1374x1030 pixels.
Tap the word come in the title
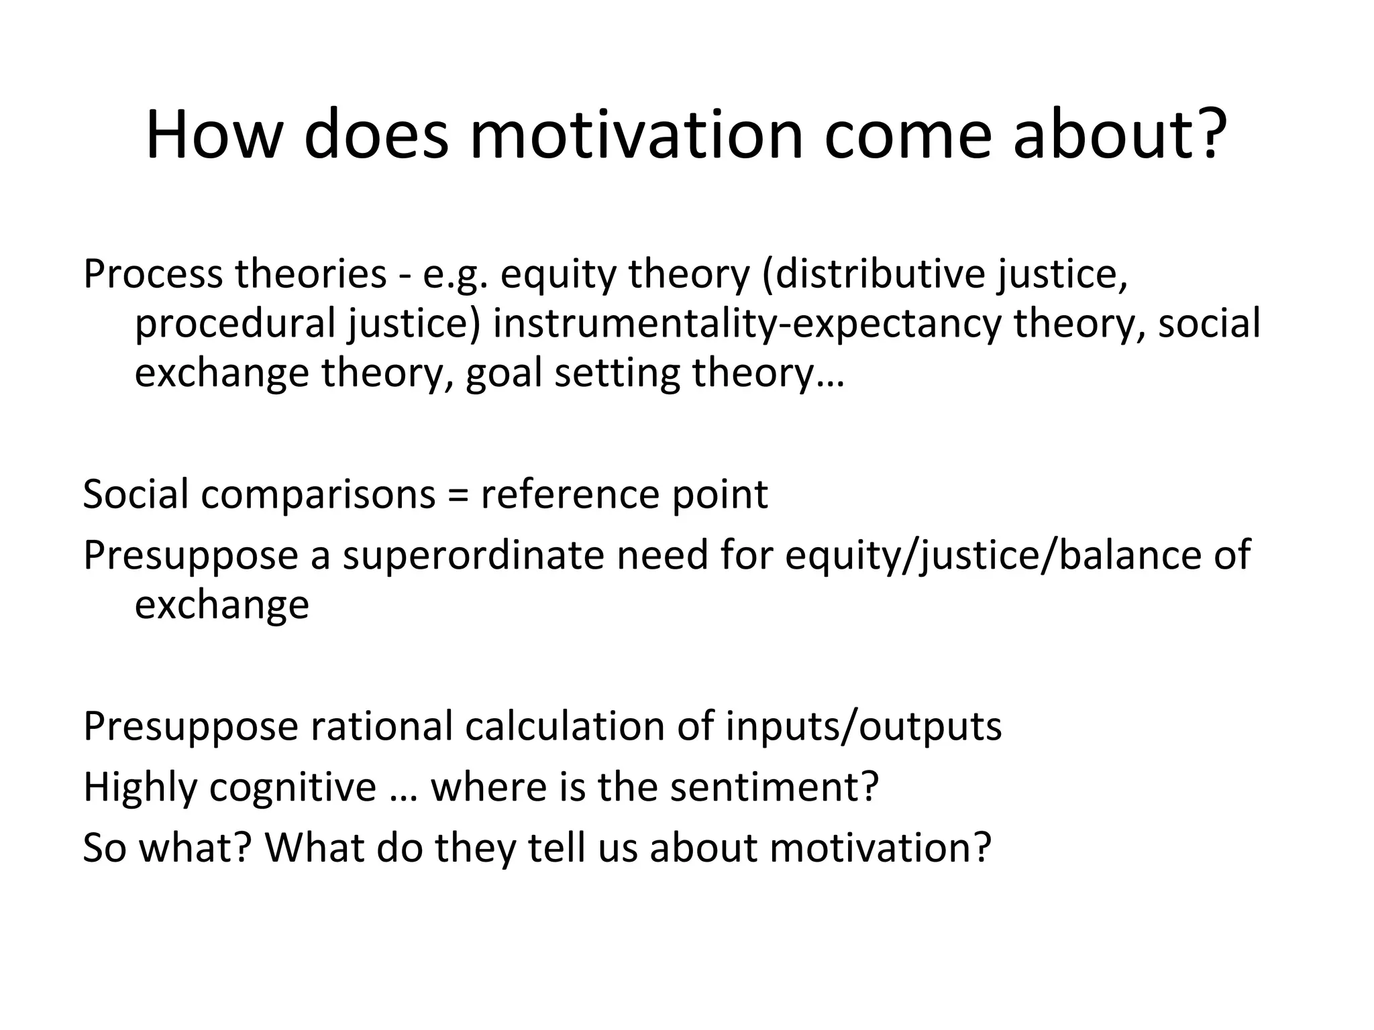(x=908, y=135)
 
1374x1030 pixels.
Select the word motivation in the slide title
(x=636, y=135)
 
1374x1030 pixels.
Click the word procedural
(x=235, y=323)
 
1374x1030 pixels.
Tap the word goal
(x=504, y=373)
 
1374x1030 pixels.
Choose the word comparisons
(x=319, y=494)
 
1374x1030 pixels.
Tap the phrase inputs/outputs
(x=863, y=726)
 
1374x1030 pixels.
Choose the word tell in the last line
(x=552, y=848)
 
